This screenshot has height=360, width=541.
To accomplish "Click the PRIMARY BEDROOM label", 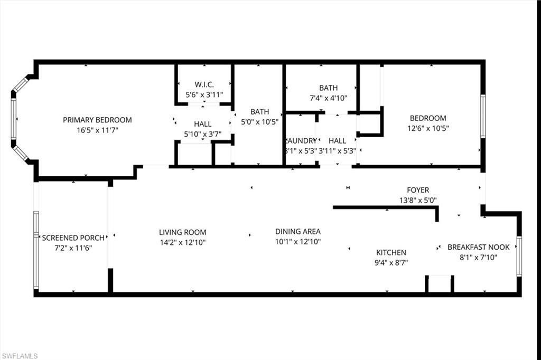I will coord(97,120).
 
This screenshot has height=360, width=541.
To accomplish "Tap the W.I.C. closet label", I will coord(204,84).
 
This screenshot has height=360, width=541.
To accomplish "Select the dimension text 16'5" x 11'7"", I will coord(97,130).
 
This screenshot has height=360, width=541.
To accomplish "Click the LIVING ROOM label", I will coord(182,232).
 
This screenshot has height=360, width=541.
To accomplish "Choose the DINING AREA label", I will coord(298,231).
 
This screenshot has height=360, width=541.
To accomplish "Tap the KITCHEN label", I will coord(391,252).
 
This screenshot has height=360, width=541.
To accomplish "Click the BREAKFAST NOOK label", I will coord(479,247).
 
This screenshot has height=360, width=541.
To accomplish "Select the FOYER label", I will coord(417,190).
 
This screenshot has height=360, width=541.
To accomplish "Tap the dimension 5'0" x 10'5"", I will coord(259,122).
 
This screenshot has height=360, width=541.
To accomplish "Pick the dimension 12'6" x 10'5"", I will coord(428,128).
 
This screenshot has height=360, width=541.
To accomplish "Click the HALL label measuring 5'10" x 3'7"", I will coord(202,124).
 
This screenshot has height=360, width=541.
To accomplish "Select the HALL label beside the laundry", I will coord(337,141).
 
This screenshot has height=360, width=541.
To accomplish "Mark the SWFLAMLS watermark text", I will coord(20,356).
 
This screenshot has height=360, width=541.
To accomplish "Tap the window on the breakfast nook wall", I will coord(519,257).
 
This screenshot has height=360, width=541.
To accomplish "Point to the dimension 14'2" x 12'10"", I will coord(182,242).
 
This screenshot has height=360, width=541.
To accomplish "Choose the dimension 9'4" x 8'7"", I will coord(391,262).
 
